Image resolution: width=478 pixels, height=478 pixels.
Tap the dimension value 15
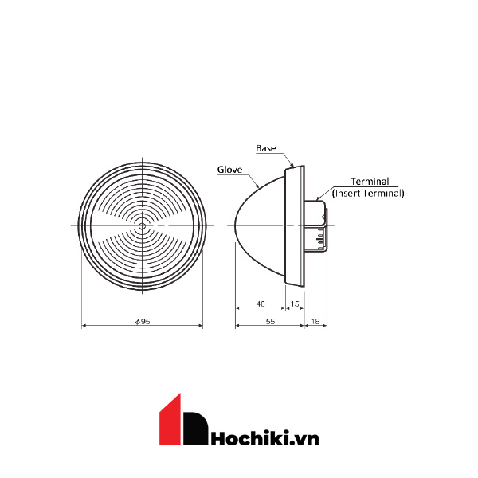[x=295, y=304]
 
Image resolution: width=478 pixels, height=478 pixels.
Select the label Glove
[x=229, y=169]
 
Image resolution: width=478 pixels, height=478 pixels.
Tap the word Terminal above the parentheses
[x=370, y=182]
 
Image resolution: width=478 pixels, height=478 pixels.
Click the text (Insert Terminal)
[x=368, y=193]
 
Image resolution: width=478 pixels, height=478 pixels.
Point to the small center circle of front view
[x=142, y=226]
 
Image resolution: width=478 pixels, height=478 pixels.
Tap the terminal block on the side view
[x=315, y=226]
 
